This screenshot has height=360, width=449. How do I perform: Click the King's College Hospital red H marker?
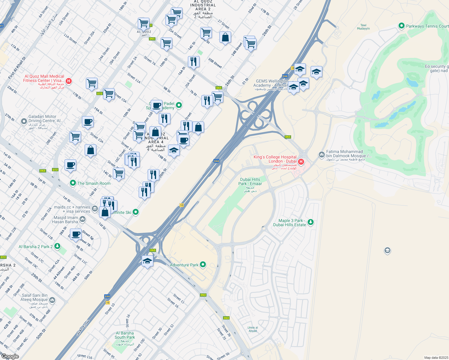[x=301, y=162]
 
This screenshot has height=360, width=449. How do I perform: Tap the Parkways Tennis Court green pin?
[x=401, y=26]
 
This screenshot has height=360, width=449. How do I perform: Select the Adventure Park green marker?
[x=203, y=265]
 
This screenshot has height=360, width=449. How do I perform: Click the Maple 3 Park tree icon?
[x=311, y=222]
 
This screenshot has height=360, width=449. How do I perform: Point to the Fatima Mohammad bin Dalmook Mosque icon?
[x=321, y=155]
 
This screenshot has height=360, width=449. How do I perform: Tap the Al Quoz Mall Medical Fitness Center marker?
[x=68, y=81]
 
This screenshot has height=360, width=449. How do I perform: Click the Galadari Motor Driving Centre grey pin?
[x=24, y=121]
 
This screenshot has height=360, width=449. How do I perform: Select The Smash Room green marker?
[x=73, y=183]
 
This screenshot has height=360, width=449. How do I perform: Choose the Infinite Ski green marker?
[x=136, y=212]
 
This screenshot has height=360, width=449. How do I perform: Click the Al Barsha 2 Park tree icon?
[x=57, y=246]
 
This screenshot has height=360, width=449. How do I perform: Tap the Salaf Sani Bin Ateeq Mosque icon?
[x=52, y=300]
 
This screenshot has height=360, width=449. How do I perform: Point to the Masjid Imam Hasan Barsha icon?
[x=83, y=220]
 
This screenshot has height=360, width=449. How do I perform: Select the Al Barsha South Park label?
[x=125, y=335]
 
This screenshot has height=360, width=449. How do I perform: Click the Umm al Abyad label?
[x=253, y=329]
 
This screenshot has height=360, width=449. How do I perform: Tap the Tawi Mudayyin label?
[x=363, y=27]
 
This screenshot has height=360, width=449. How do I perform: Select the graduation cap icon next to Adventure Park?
[x=147, y=261]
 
